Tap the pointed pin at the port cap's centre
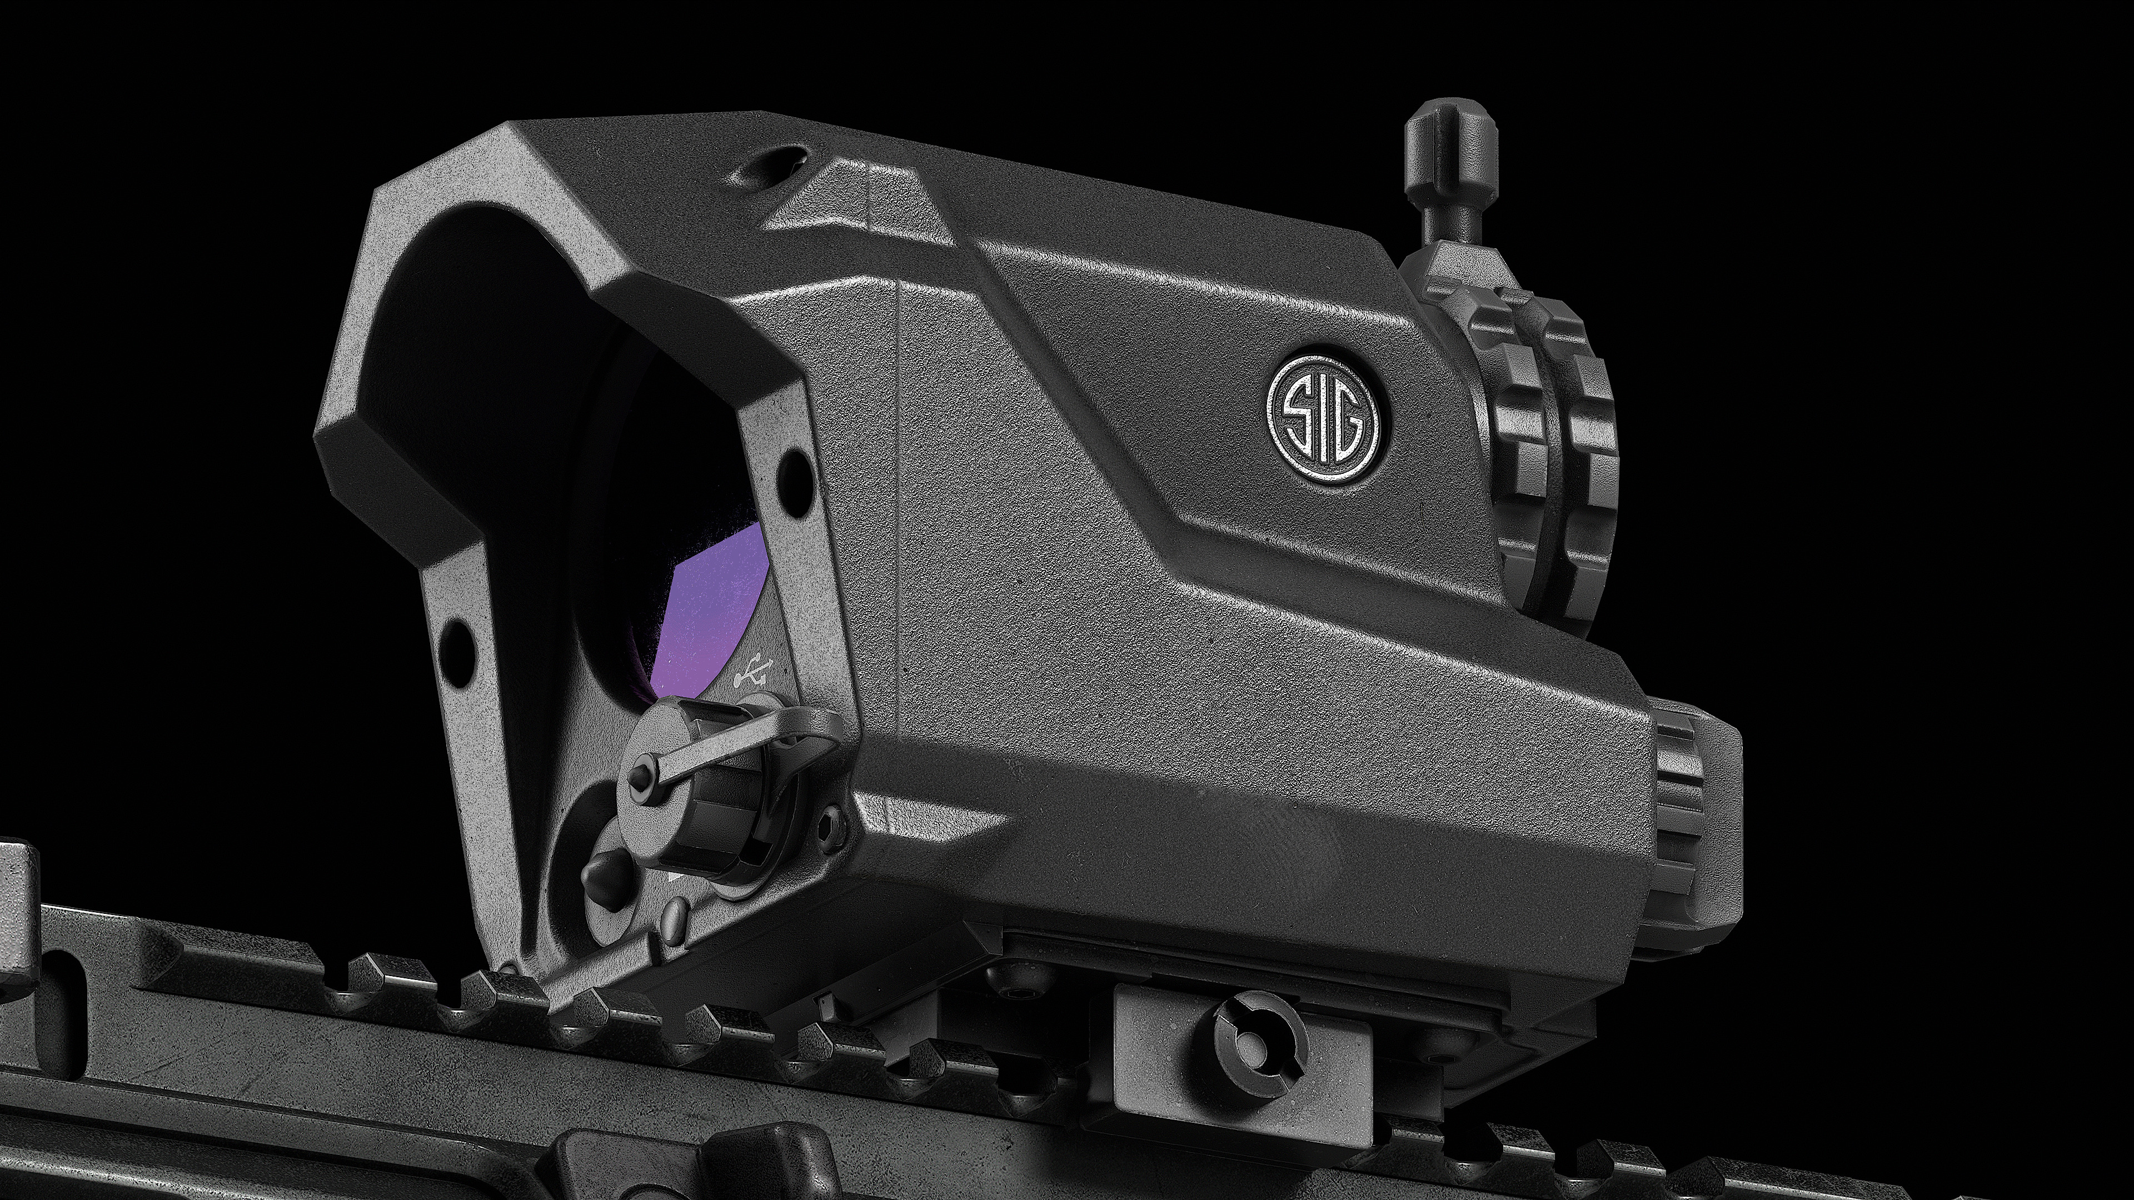tap(639, 774)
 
